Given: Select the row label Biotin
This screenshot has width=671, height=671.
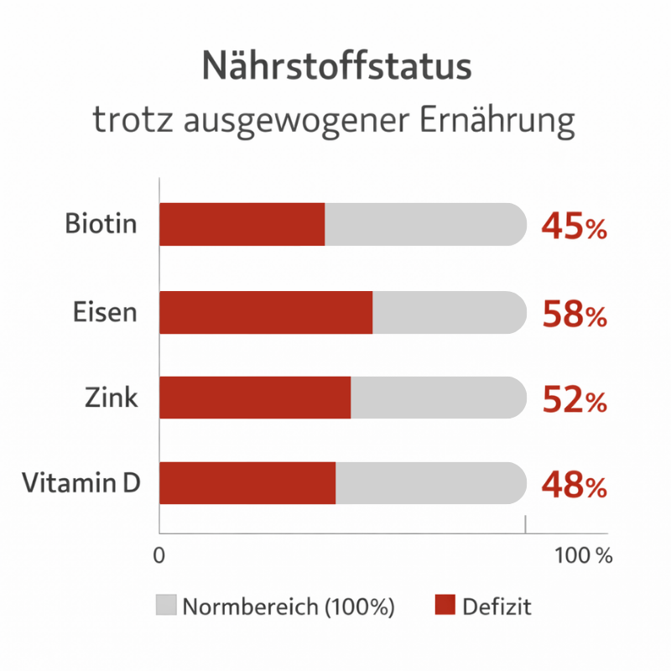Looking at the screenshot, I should point(101,225).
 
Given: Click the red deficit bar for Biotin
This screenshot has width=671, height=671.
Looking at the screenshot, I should point(242,225).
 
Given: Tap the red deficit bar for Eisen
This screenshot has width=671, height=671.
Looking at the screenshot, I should point(266,313).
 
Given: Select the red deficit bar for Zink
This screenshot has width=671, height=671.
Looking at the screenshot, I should point(255,398).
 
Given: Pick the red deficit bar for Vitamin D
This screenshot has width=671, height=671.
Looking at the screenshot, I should point(247,483).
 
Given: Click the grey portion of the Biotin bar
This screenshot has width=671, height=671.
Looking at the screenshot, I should point(424,225).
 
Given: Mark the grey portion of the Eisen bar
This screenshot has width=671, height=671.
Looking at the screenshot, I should point(449,313).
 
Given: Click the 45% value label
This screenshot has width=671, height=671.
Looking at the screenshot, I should point(574,226).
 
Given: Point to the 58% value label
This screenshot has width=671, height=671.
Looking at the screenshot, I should point(574,315).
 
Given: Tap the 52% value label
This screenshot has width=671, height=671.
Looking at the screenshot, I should point(574,400).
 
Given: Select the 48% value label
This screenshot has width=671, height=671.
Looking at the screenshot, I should point(574,485).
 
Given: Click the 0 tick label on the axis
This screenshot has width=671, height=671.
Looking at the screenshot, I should point(159,555).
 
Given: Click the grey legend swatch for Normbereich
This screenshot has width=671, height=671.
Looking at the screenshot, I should point(166,606).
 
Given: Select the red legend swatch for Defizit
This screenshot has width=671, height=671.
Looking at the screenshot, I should point(445,606).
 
